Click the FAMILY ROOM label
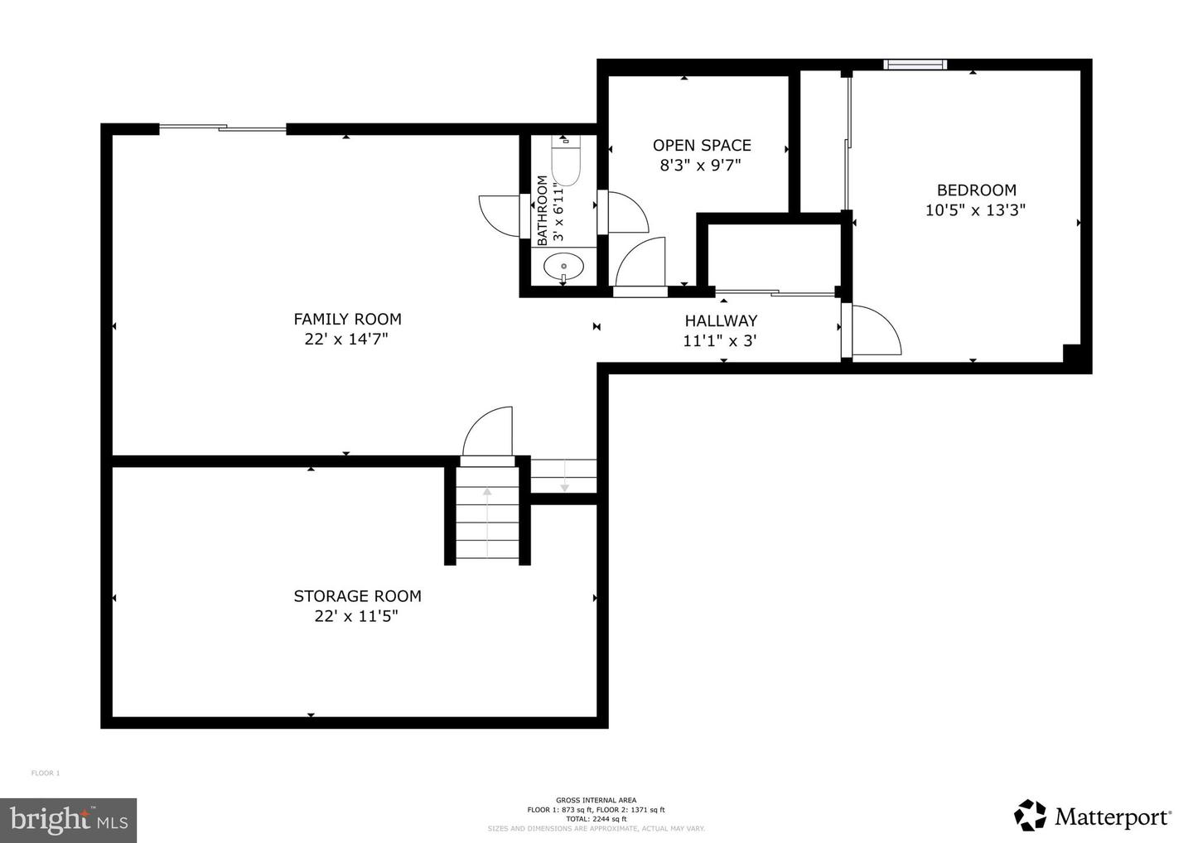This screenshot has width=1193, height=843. [347, 319]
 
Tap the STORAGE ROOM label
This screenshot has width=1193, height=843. [357, 596]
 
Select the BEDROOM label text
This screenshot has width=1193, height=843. [976, 190]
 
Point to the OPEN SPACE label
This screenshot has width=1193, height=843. [701, 145]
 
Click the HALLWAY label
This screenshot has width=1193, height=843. [720, 320]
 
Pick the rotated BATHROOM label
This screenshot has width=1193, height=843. [543, 210]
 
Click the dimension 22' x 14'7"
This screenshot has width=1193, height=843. [346, 340]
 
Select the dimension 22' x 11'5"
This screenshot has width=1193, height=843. [356, 617]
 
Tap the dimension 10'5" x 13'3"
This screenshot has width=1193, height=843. [975, 210]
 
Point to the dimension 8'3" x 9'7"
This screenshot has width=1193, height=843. [699, 166]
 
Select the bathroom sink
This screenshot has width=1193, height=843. [563, 267]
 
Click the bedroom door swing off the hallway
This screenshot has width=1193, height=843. [875, 330]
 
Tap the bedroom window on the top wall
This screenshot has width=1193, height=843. [915, 64]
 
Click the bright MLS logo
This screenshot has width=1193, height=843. [68, 820]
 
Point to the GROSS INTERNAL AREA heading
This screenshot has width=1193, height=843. [596, 800]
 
